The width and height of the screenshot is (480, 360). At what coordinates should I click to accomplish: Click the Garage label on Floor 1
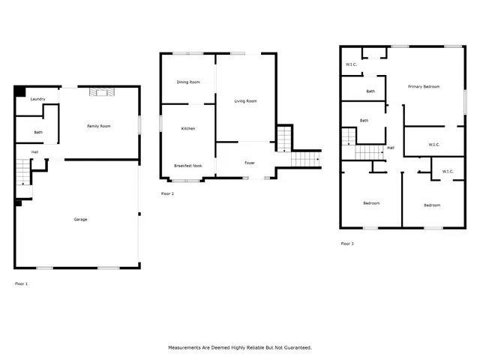(80, 219)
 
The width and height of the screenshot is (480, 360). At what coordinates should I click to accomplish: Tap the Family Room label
(99, 126)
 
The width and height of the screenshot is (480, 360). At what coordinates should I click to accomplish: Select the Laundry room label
(38, 99)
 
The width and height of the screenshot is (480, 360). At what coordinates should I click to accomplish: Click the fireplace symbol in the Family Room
(99, 92)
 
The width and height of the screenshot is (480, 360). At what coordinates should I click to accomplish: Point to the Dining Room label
(188, 82)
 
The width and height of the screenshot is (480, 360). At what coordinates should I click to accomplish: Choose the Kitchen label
(188, 129)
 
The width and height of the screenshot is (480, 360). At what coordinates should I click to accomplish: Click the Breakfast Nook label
(187, 165)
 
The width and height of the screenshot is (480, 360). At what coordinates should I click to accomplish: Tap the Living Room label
(245, 100)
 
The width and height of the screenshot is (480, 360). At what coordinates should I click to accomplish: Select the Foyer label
(250, 163)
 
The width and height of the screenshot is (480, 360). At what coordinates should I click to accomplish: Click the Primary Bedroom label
(424, 87)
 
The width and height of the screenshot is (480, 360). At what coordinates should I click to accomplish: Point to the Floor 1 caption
(22, 283)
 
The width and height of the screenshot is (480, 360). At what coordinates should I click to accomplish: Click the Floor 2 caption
(167, 193)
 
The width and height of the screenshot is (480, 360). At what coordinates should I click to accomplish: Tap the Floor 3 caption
(347, 244)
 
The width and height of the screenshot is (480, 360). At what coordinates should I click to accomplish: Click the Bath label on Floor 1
(38, 133)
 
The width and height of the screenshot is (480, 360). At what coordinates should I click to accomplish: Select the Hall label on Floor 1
(34, 152)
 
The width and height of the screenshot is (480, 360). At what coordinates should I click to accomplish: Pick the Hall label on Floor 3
(391, 148)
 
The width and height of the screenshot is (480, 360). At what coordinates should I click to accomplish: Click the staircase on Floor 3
(367, 152)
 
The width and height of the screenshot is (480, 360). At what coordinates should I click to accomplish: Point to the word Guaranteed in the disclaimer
(295, 348)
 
